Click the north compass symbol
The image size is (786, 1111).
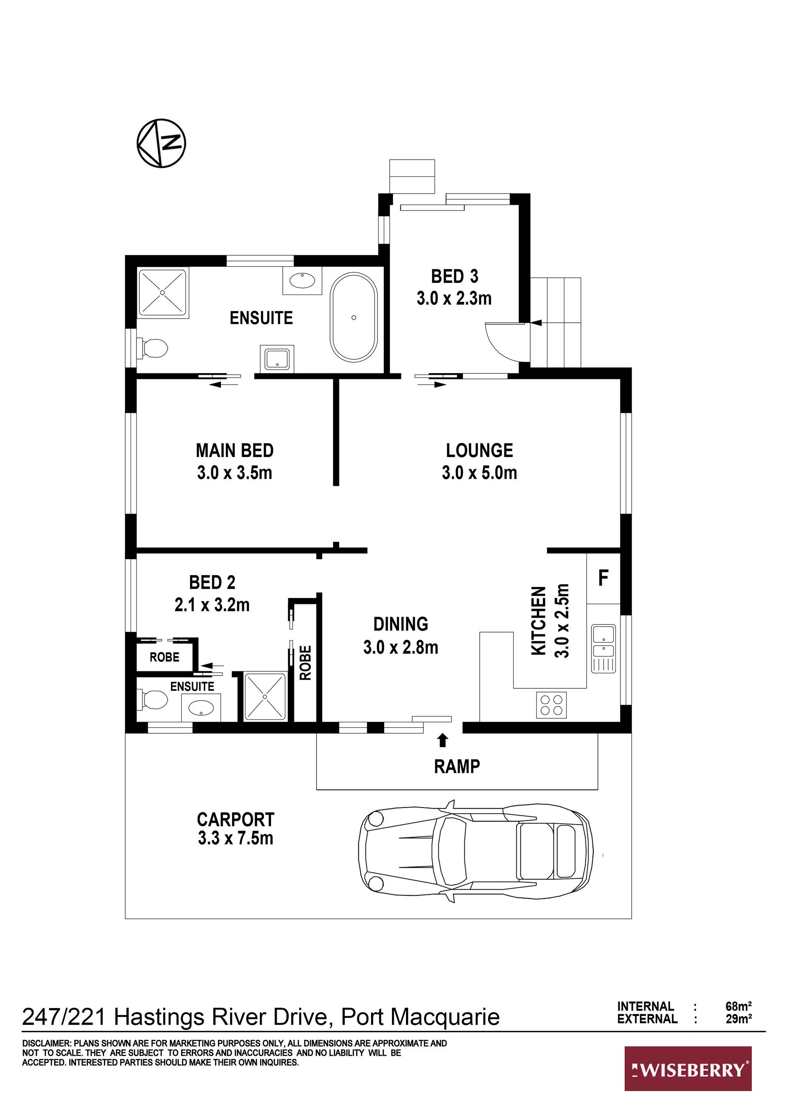tap(162, 143)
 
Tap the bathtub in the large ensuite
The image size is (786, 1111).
tap(354, 317)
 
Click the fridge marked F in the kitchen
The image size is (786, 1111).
tap(603, 578)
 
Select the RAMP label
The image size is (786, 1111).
tap(457, 766)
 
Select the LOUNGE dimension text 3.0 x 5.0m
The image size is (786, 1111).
tap(479, 472)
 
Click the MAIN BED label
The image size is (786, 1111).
tap(235, 451)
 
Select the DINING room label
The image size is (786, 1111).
tap(401, 624)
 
